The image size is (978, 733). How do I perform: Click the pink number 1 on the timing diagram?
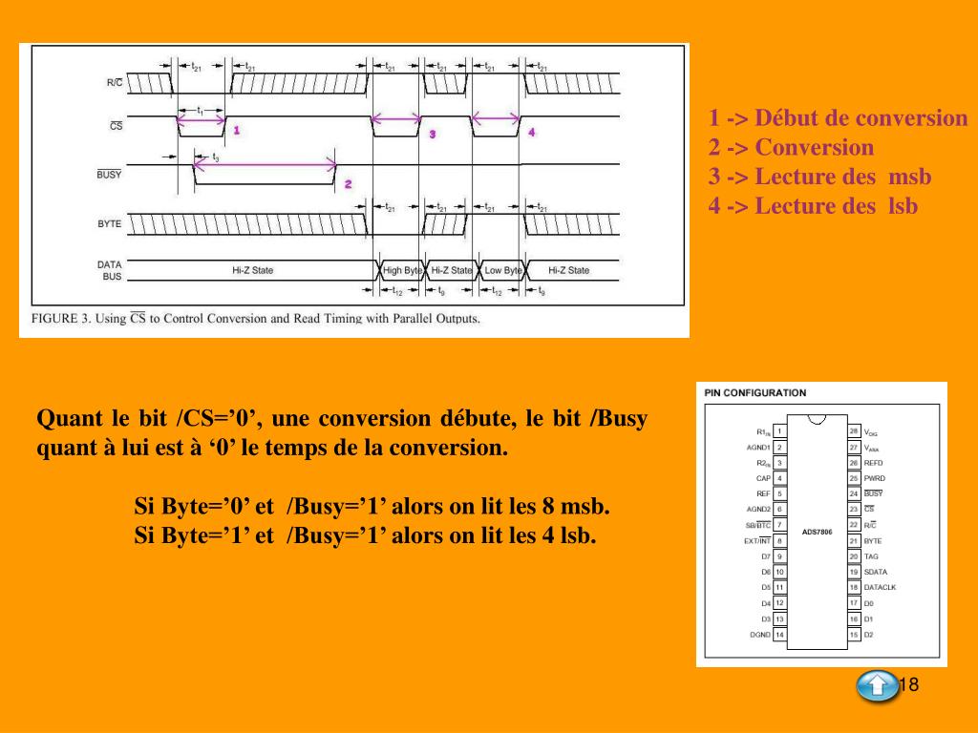[236, 129]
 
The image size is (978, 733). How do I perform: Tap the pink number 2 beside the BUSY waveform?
[348, 183]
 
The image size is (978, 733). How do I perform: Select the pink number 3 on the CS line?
[432, 135]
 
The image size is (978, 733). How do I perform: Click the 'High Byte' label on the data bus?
[402, 270]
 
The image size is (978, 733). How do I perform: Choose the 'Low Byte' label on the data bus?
[503, 270]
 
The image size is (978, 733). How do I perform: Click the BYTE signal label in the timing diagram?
[109, 223]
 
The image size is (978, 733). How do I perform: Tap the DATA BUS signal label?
[109, 270]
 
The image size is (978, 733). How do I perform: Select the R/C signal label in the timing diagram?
[114, 83]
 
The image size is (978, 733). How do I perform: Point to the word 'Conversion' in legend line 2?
[814, 148]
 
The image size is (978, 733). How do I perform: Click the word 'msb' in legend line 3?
[909, 177]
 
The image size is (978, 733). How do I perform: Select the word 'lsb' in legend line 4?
[903, 205]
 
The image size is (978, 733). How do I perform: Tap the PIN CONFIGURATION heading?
[755, 392]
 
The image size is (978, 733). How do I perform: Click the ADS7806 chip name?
[817, 532]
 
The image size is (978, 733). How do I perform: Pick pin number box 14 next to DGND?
[779, 634]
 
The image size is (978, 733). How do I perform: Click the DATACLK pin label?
[880, 587]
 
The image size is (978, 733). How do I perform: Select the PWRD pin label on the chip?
[874, 477]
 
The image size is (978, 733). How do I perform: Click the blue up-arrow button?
[877, 686]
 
